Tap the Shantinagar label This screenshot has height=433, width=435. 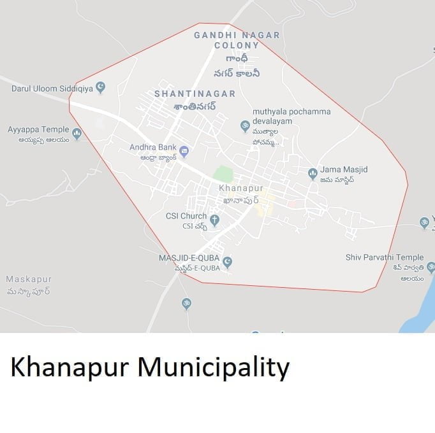coord(195,94)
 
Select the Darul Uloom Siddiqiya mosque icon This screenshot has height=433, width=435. coord(101,87)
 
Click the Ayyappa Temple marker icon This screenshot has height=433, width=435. coord(77,134)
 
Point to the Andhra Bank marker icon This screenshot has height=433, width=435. coord(184,151)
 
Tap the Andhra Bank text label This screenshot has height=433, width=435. coord(153,147)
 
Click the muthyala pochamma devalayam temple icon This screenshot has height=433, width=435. coord(245,126)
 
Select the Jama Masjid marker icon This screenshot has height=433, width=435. coord(313,173)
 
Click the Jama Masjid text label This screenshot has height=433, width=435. coord(344,169)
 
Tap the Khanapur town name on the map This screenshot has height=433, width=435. coord(241,188)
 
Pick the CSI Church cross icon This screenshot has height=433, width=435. coord(215,220)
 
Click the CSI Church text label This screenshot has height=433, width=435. coord(186,216)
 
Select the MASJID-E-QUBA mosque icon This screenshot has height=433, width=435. coord(227,262)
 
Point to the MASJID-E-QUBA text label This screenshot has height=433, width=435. coord(189,258)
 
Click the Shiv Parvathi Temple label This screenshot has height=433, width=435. coord(385,257)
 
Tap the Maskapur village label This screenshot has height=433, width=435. coord(29,280)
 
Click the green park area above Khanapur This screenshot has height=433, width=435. coord(223,173)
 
